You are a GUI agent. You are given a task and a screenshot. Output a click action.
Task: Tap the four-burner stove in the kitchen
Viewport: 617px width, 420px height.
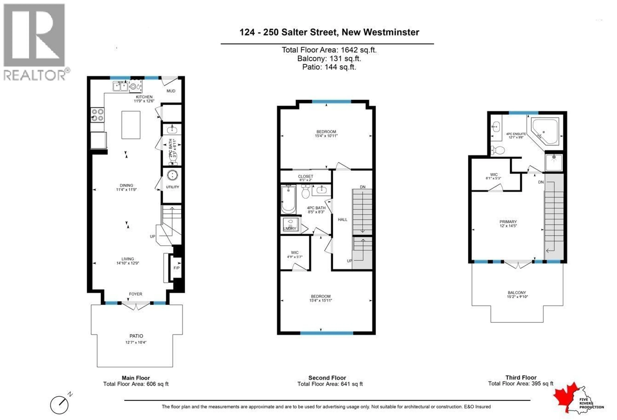coord(97,115)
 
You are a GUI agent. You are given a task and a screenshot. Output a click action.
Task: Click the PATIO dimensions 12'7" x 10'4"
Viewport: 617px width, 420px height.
coord(136,342)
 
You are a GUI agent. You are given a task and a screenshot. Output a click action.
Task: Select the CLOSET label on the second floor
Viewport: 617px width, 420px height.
coord(305,176)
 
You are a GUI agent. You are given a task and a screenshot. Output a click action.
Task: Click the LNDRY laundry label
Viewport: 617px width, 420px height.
coord(290,228)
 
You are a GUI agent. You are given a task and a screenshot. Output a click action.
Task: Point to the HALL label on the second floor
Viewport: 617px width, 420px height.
coord(342,219)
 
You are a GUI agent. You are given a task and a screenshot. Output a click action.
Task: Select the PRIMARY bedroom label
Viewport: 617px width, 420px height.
coord(508,221)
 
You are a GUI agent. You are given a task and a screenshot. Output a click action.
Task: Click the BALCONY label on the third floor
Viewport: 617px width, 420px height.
coord(517,292)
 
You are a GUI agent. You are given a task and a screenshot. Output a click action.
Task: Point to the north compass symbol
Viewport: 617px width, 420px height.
coord(60,405)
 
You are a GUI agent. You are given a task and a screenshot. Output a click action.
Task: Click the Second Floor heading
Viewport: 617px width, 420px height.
coord(327,378)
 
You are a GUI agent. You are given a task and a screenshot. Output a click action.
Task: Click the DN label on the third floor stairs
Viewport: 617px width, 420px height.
coord(541,182)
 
